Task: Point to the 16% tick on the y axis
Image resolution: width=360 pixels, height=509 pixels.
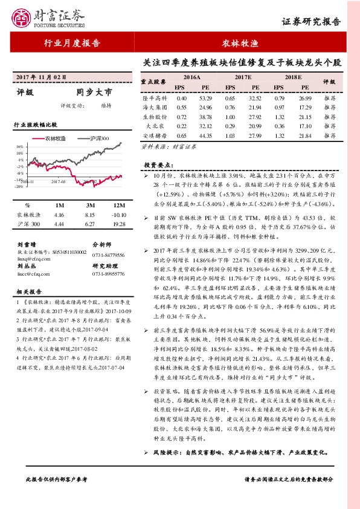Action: pyautogui.click(x=19, y=146)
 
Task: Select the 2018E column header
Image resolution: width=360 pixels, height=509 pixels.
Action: pyautogui.click(x=293, y=78)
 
